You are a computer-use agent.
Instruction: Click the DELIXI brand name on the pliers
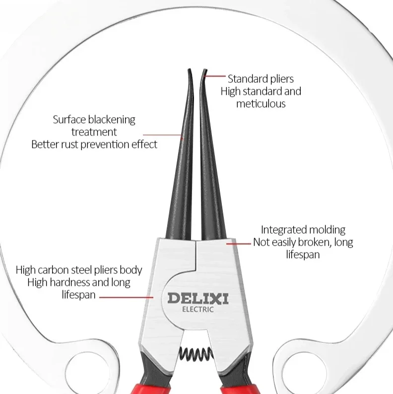(x=197, y=298)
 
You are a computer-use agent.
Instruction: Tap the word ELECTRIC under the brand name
(x=197, y=310)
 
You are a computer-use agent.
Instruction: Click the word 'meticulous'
(x=261, y=104)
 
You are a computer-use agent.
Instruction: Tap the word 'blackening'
(x=112, y=120)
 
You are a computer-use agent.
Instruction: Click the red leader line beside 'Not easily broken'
(x=239, y=243)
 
